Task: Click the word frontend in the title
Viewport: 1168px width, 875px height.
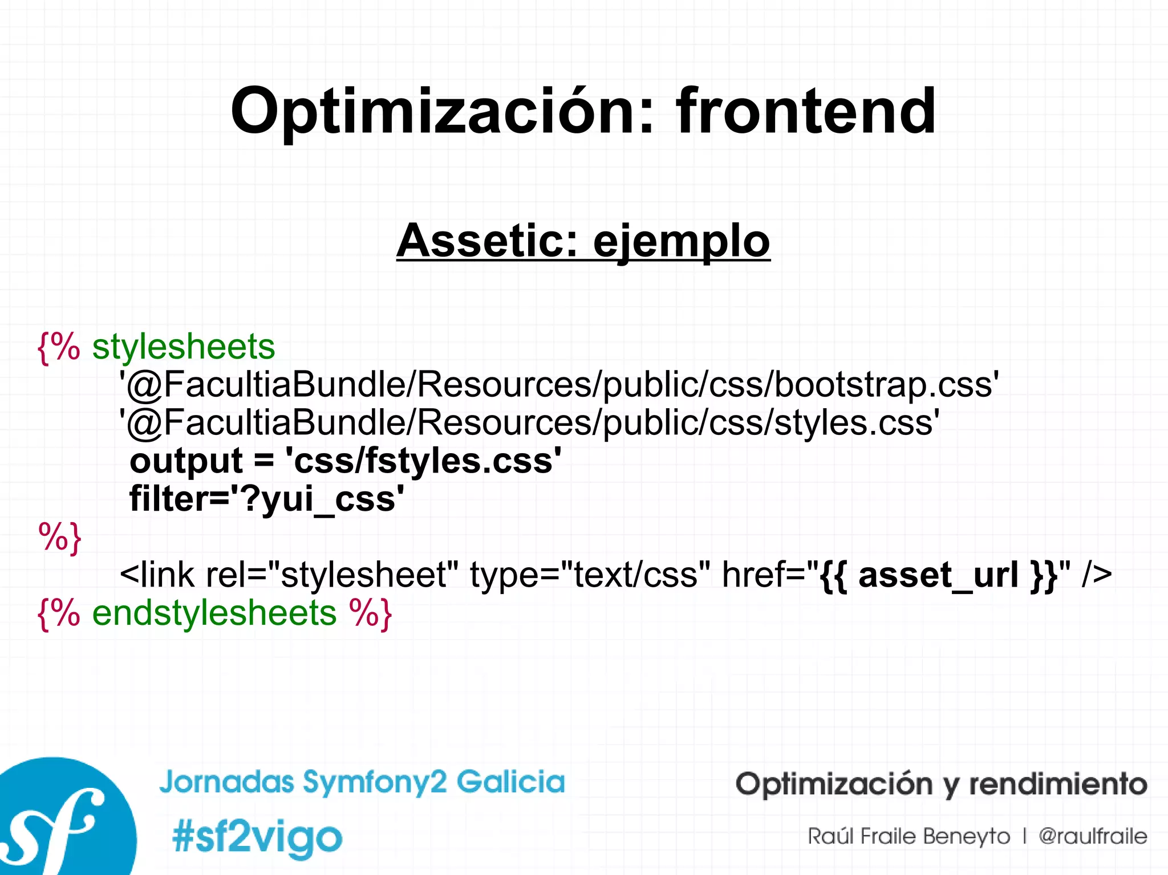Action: (x=805, y=111)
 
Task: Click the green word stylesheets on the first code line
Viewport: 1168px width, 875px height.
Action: (x=184, y=347)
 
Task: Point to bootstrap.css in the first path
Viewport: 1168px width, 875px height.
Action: (x=886, y=384)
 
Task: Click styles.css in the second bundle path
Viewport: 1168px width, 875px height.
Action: (x=855, y=422)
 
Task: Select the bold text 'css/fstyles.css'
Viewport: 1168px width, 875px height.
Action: (x=423, y=461)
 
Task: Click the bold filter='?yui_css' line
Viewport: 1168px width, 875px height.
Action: (x=267, y=499)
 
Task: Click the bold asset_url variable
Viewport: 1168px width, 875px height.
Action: (x=938, y=575)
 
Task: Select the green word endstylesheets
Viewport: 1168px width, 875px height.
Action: (x=214, y=613)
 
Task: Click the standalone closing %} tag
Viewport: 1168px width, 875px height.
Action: (x=60, y=537)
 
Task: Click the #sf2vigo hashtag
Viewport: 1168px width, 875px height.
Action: (x=257, y=837)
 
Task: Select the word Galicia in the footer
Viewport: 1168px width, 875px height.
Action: (x=510, y=782)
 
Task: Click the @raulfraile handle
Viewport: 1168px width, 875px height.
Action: (x=1092, y=836)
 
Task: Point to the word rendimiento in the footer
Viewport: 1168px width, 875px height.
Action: (x=1058, y=784)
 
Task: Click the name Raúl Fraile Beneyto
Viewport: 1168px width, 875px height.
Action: (x=909, y=836)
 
